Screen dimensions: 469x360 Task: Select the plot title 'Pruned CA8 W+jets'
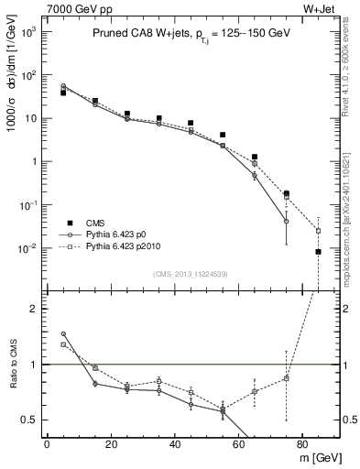pyautogui.click(x=139, y=32)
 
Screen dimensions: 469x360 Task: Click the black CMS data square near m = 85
pyautogui.click(x=318, y=252)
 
